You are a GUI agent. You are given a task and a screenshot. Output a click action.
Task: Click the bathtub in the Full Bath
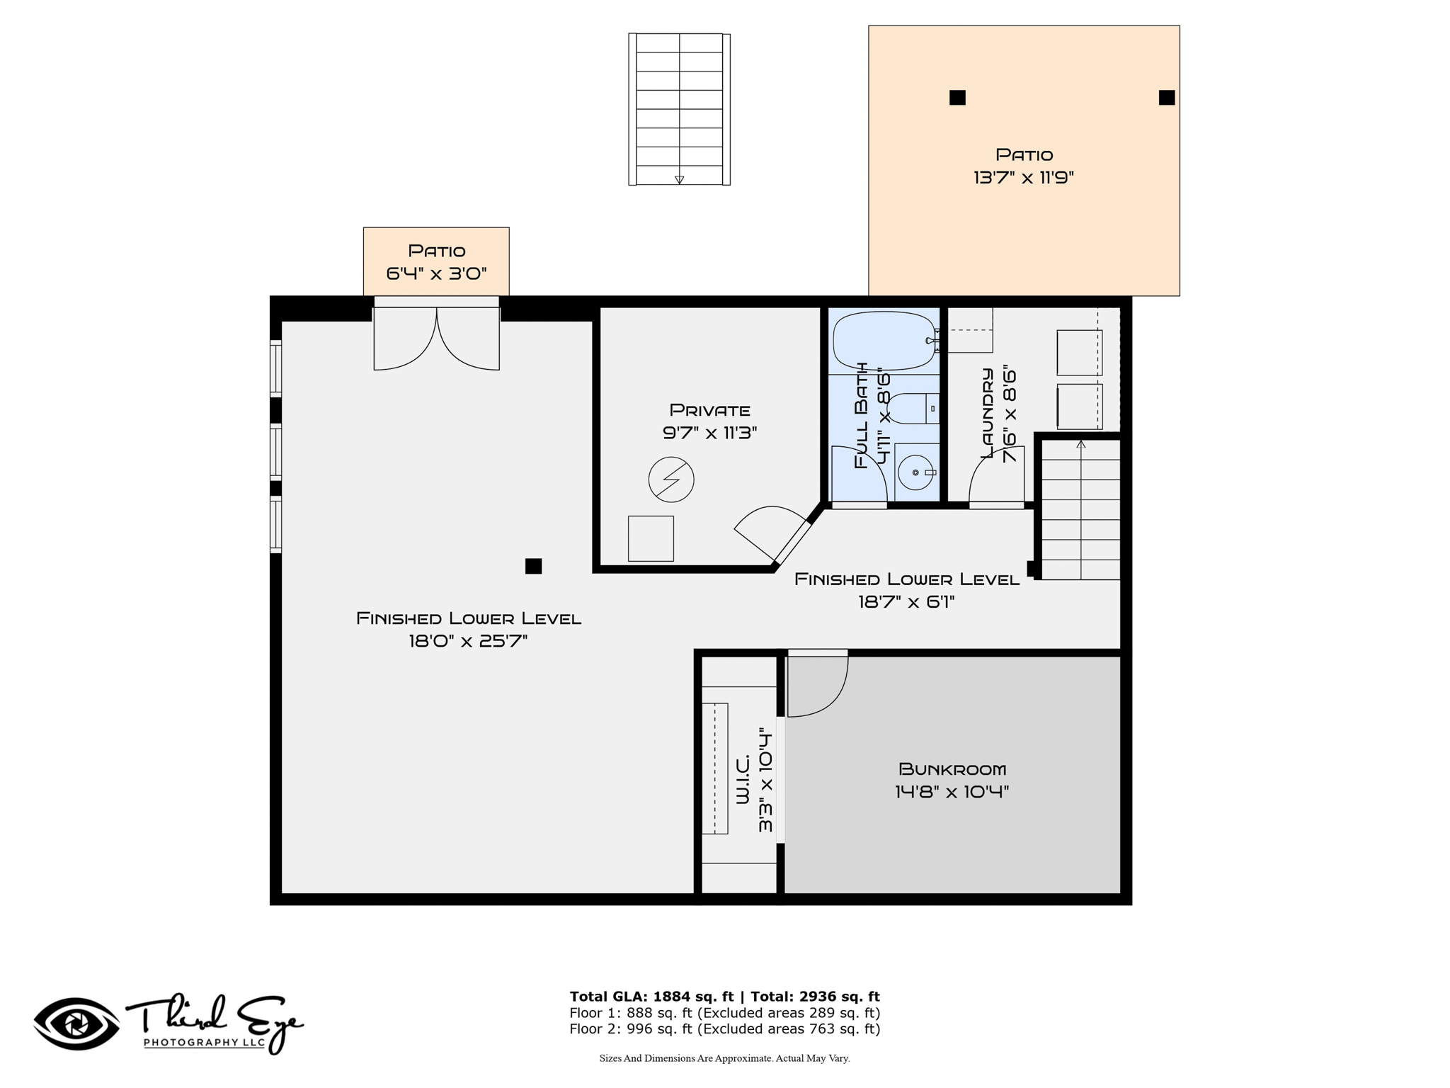tap(884, 341)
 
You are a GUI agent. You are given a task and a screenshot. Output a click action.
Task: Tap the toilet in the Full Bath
tap(913, 409)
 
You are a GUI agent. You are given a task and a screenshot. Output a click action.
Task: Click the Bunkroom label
tap(952, 769)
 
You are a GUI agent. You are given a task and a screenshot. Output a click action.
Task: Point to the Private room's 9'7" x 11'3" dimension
tap(710, 433)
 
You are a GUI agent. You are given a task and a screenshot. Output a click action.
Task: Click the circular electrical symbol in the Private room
tap(671, 480)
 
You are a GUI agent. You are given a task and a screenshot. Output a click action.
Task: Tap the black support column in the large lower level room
tap(533, 566)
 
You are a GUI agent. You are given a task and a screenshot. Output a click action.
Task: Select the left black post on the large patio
tap(957, 98)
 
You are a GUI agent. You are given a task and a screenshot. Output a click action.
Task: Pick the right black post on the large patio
tap(1167, 98)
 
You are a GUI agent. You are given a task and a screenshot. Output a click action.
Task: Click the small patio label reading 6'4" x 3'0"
tap(437, 273)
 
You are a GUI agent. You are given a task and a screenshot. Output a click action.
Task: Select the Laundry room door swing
tap(996, 475)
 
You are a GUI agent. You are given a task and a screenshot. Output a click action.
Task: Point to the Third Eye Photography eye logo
tap(76, 1024)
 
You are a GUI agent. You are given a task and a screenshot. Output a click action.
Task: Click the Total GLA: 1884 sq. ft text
tap(652, 997)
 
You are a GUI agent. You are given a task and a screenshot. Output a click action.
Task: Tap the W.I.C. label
tap(743, 779)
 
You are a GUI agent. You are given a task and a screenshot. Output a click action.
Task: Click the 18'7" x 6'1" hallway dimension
tap(906, 602)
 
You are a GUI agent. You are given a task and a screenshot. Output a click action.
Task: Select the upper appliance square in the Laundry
tap(1079, 353)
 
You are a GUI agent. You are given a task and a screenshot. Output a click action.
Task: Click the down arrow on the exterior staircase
tap(679, 180)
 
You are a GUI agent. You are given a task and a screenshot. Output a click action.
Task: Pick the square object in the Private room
tap(651, 539)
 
